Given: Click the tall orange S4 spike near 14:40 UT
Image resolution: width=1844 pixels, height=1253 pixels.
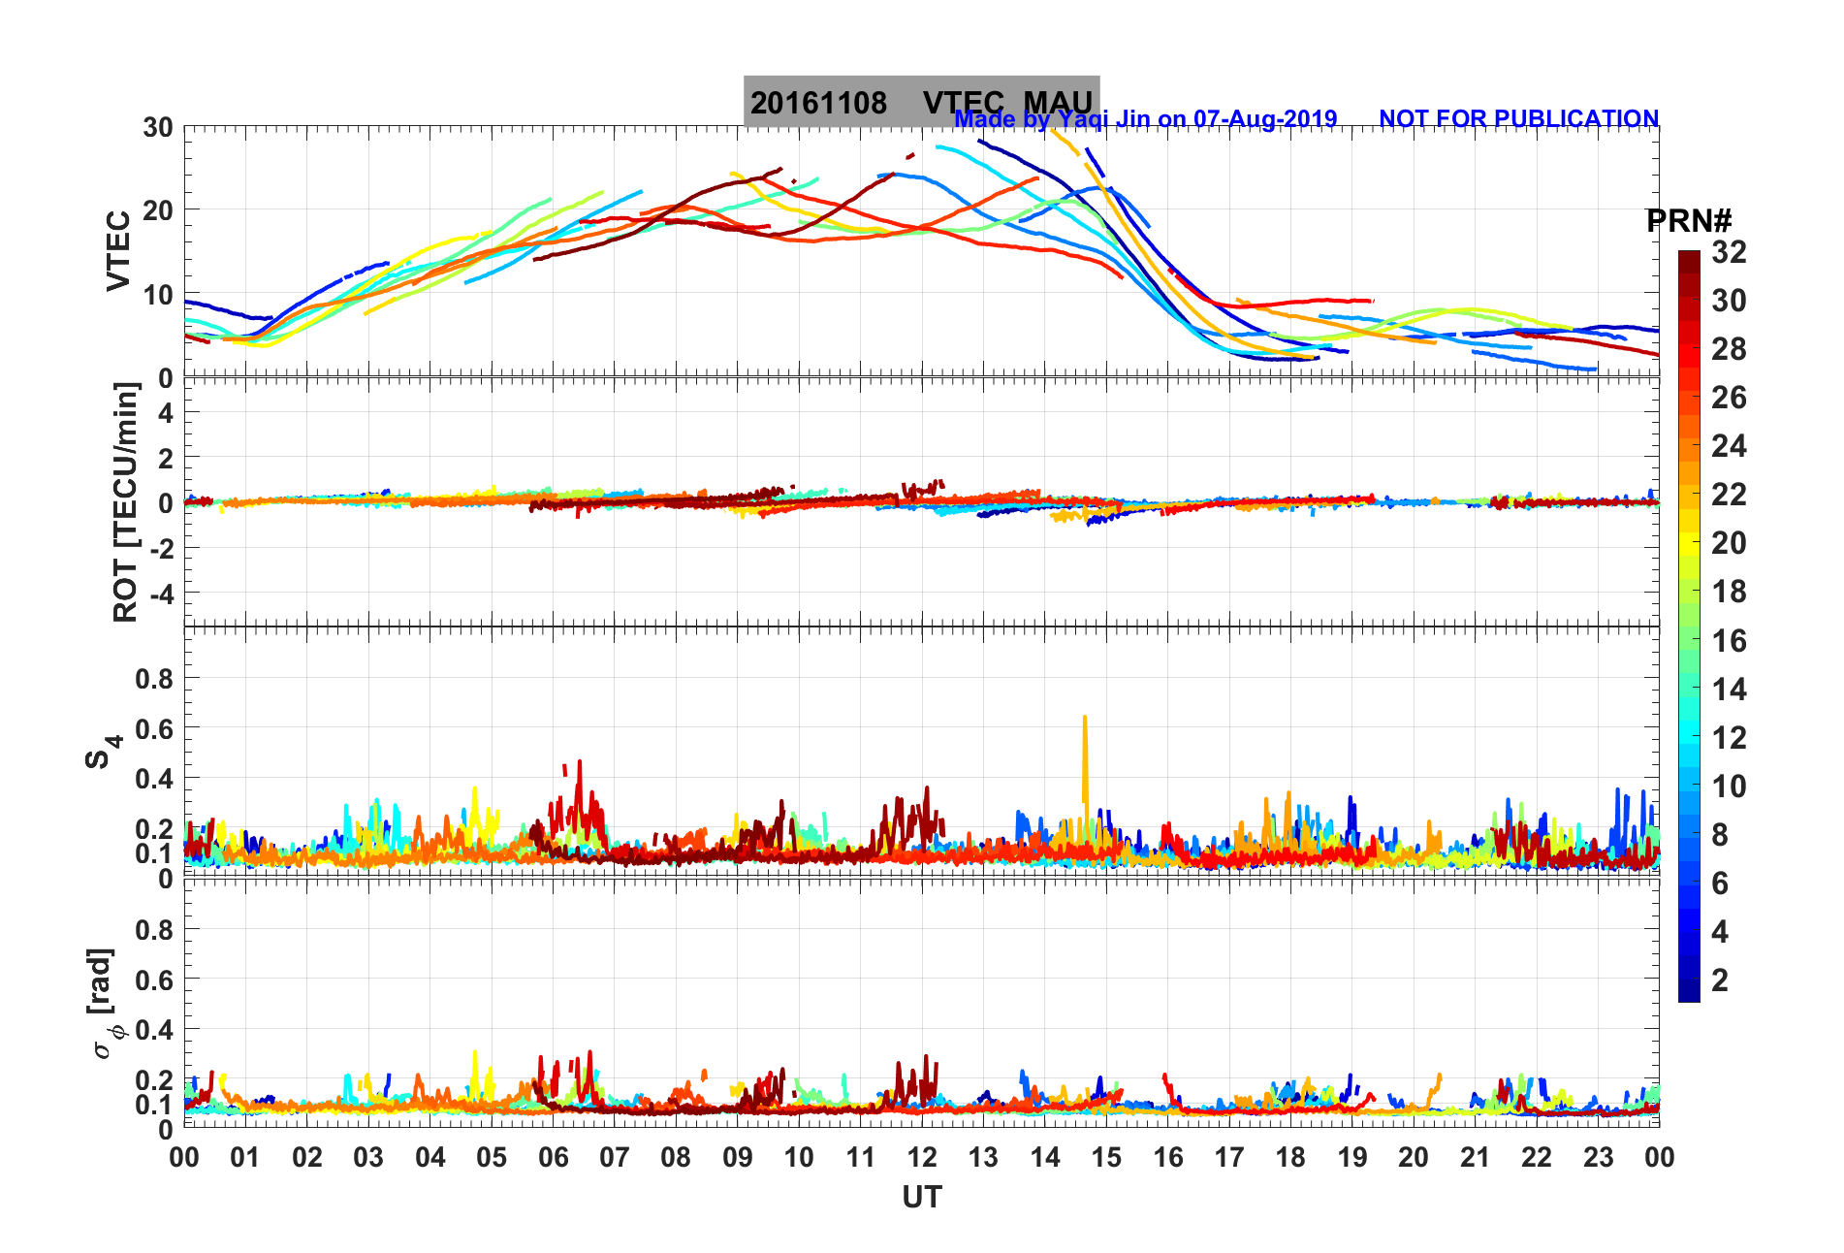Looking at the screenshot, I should point(1085,747).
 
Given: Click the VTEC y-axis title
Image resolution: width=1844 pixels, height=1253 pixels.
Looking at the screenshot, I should point(118,250).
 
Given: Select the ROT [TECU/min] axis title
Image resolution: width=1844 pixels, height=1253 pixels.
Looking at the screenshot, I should point(126,502).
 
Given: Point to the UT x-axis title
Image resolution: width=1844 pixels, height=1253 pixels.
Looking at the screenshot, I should point(921,1198).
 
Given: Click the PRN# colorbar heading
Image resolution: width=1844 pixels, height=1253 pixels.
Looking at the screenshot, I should point(1689,221).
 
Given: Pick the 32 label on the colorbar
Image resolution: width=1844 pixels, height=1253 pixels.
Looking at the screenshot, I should point(1729,252).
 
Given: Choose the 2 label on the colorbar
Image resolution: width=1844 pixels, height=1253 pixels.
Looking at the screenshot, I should point(1720,980).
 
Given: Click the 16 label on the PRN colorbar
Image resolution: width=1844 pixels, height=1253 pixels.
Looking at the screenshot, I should point(1729,640).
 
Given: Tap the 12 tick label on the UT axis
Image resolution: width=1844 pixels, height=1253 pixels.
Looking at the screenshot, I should point(922,1157).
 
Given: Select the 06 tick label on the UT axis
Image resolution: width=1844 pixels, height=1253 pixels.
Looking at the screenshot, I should point(553,1157).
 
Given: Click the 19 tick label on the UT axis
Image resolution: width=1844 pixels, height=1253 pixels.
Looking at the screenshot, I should point(1351,1157).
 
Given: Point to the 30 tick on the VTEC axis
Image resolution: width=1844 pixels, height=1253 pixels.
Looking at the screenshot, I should point(158,127).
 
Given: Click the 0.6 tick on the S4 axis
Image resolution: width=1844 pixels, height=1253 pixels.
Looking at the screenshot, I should point(154,728).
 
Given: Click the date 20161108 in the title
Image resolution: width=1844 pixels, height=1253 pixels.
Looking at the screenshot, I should point(818,103).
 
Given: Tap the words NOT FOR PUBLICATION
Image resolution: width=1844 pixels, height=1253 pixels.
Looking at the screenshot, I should point(1518,118).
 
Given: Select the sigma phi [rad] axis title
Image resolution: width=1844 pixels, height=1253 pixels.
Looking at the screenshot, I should point(104,1004).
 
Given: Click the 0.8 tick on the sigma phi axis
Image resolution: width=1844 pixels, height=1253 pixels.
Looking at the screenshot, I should point(154,929).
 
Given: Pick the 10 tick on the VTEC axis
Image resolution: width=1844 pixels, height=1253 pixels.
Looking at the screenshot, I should point(158,295).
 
